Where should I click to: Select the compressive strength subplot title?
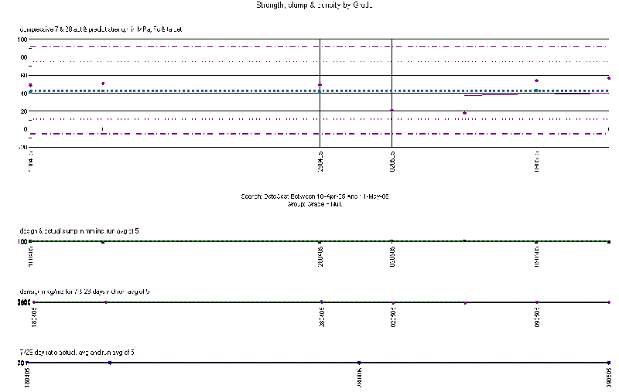pos(101,30)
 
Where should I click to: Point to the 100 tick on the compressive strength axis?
pos(22,39)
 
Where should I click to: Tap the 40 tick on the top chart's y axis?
pos(23,93)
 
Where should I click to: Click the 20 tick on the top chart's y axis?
pos(23,111)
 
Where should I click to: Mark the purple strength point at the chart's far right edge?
pos(609,78)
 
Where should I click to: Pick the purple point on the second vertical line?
pos(392,110)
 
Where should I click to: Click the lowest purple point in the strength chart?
pos(464,113)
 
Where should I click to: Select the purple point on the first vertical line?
pos(320,84)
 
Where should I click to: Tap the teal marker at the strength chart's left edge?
pos(30,92)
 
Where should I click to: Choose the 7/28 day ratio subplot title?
pos(89,352)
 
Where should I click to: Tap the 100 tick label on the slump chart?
pos(22,241)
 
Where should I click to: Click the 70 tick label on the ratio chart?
pos(23,362)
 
